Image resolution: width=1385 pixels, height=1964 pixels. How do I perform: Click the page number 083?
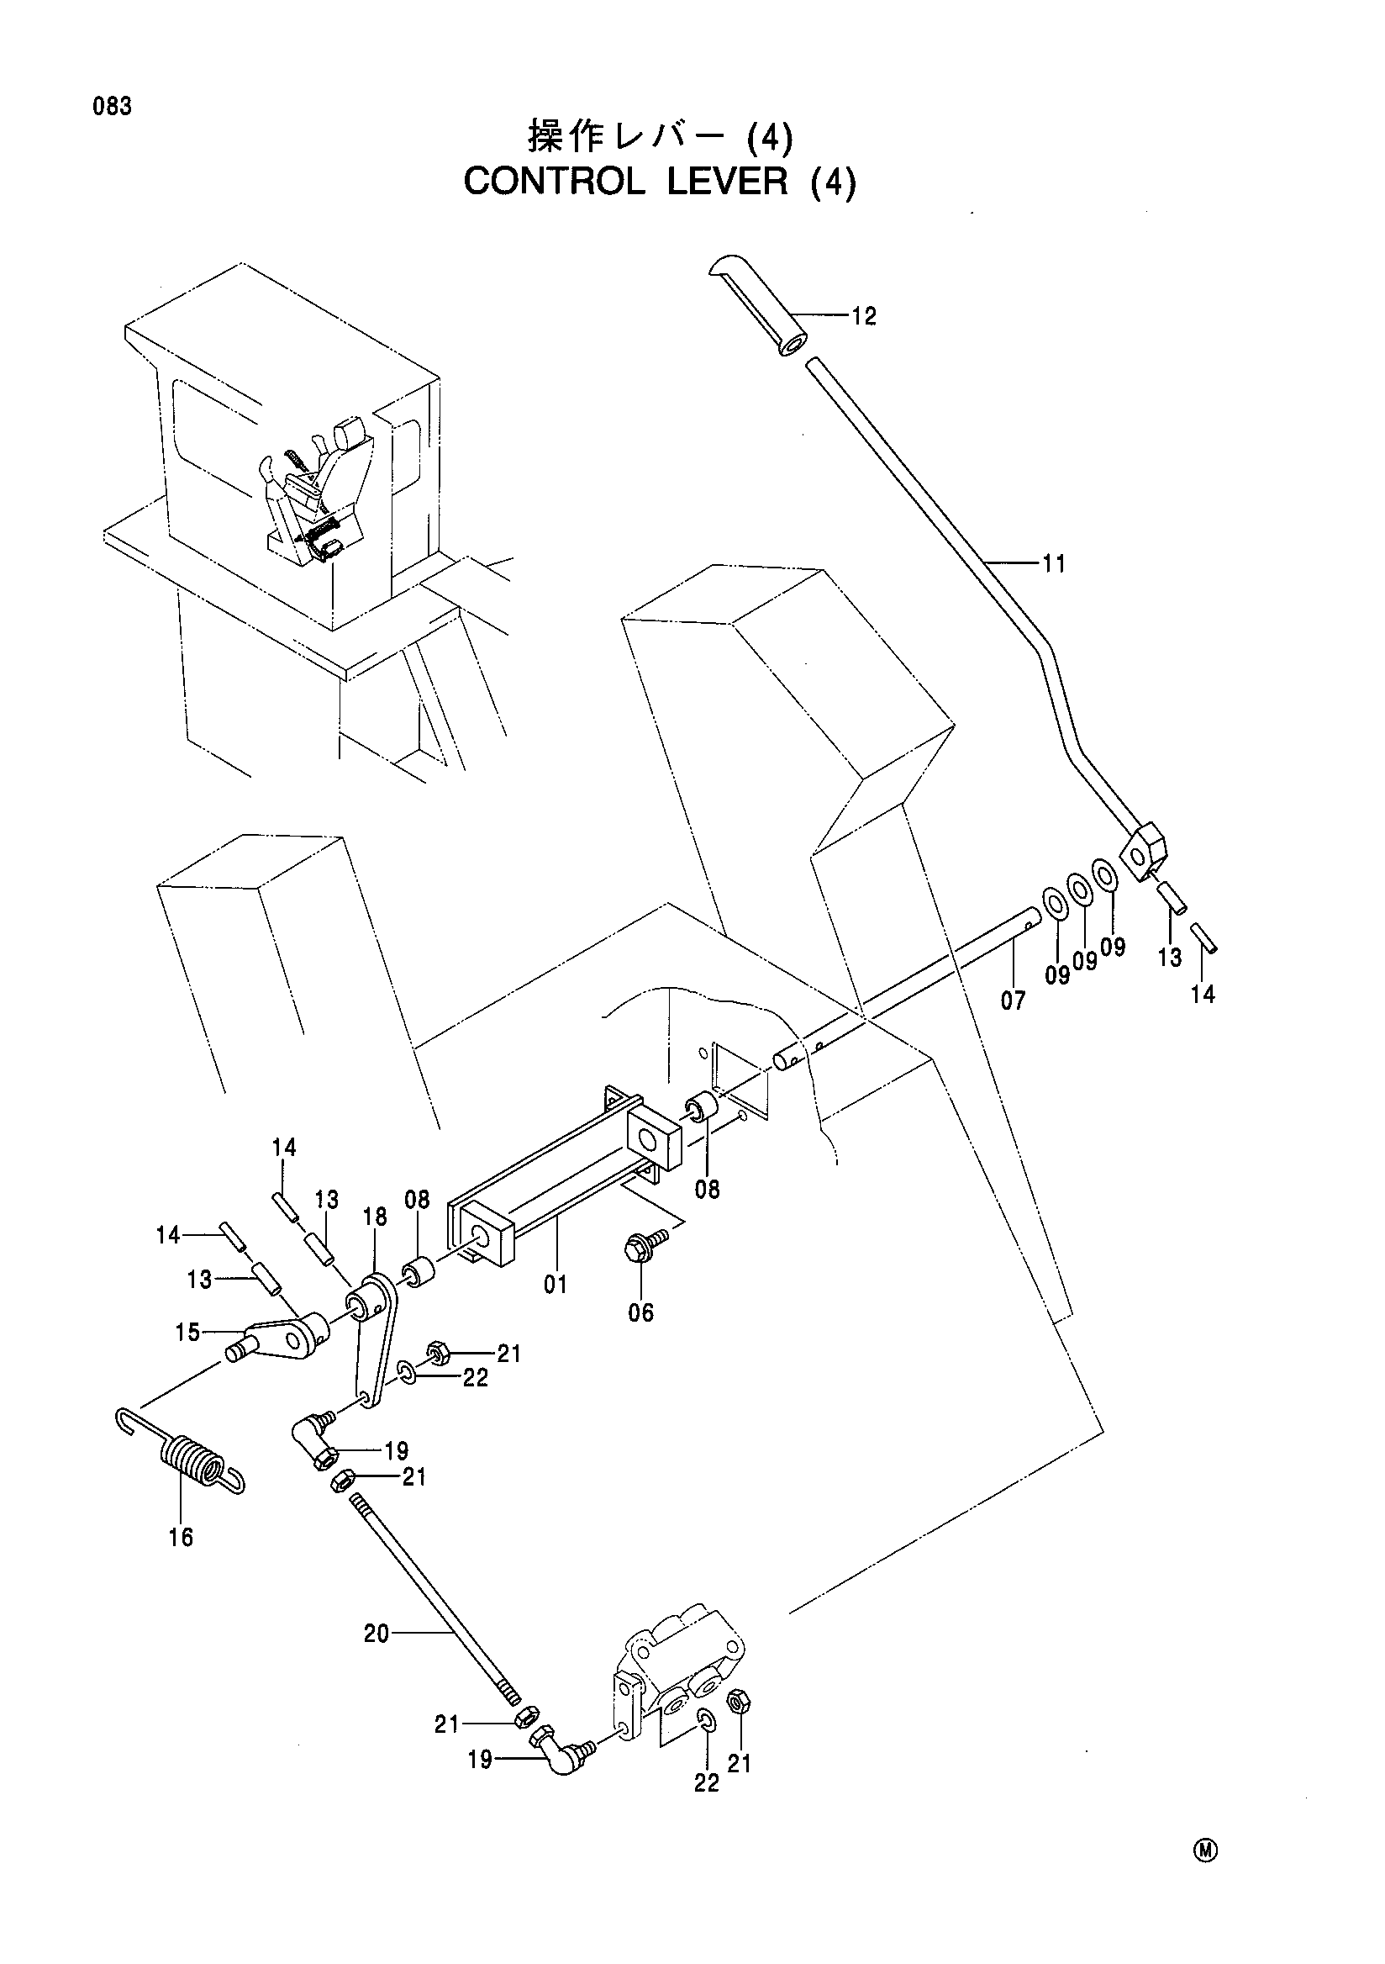pyautogui.click(x=112, y=107)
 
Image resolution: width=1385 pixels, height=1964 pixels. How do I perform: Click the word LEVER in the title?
pyautogui.click(x=728, y=182)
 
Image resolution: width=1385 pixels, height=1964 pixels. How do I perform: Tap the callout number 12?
pyautogui.click(x=864, y=316)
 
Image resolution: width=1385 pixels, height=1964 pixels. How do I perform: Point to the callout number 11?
pyautogui.click(x=1054, y=563)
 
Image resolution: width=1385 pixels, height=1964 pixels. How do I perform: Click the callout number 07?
pyautogui.click(x=1012, y=1000)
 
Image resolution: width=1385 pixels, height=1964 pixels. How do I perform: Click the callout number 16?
pyautogui.click(x=181, y=1537)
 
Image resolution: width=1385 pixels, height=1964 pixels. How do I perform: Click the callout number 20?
pyautogui.click(x=377, y=1634)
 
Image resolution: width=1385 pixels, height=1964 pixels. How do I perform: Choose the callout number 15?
pyautogui.click(x=188, y=1332)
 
